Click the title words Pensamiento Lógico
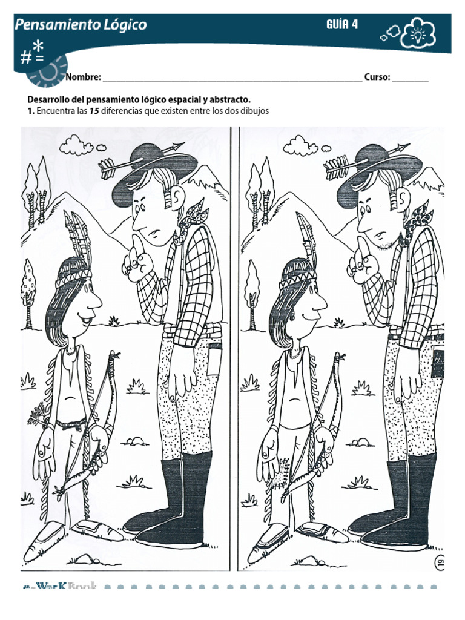pos(81,25)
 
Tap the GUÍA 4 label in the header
pos(342,25)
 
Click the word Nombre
pos(83,77)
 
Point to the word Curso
pos(377,77)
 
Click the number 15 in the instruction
pos(94,111)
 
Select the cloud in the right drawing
pos(301,145)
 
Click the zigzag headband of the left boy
pos(74,277)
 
